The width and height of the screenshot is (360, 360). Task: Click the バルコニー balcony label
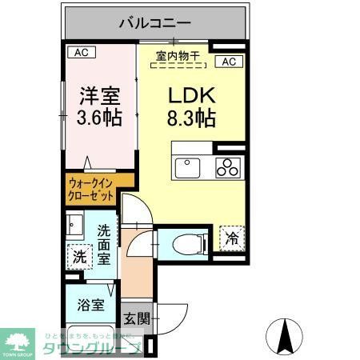[x=155, y=22]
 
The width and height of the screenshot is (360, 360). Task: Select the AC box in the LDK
[x=227, y=62]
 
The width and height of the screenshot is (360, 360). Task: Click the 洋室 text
[x=99, y=96]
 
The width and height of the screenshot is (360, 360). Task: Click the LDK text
[x=190, y=96]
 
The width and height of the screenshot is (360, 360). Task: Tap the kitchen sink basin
[x=189, y=167]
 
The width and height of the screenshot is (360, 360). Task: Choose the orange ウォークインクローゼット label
[x=90, y=190]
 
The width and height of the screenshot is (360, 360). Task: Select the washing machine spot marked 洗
[x=78, y=258]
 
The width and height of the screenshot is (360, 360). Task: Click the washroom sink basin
[x=75, y=223]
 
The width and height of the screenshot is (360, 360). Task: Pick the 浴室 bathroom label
[x=90, y=304]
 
